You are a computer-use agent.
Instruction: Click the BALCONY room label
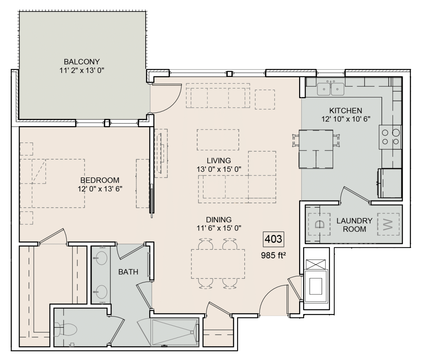(x=82, y=61)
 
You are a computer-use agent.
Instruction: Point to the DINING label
(x=219, y=219)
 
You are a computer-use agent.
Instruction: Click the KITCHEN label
(x=346, y=110)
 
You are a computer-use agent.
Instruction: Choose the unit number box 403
(x=273, y=239)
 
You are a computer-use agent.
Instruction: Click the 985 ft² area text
(x=273, y=254)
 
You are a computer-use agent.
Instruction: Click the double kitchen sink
(x=331, y=88)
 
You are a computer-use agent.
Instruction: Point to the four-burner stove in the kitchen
(x=390, y=137)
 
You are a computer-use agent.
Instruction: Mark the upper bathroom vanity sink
(x=100, y=259)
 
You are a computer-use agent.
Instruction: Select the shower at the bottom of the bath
(x=174, y=332)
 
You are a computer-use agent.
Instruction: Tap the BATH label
(x=128, y=272)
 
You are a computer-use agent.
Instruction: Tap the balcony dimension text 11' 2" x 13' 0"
(x=82, y=70)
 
